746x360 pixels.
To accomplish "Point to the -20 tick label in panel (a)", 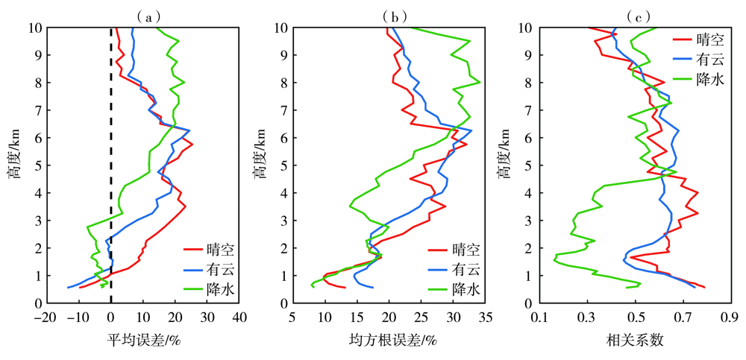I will pos(46,318).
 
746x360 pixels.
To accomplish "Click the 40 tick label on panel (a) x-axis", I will pos(240,318).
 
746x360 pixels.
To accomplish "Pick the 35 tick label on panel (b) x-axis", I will pos(485,318).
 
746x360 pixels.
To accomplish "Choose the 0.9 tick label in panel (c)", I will pos(727,318).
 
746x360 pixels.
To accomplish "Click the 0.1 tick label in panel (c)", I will pos(540,318).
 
